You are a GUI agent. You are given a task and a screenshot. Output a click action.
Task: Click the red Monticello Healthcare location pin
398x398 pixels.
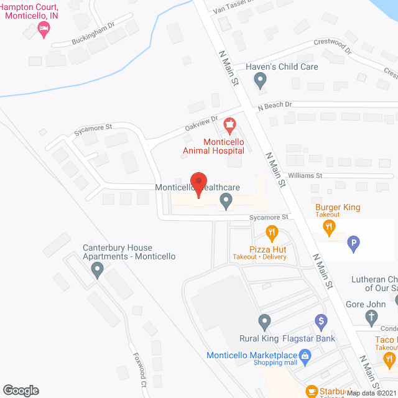[x=198, y=183]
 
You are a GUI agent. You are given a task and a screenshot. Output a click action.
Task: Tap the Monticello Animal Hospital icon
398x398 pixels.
[x=230, y=126]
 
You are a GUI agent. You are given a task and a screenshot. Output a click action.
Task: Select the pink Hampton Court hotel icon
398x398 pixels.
[x=44, y=29]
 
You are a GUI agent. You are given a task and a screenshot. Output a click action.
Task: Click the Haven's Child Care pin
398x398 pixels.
[x=261, y=80]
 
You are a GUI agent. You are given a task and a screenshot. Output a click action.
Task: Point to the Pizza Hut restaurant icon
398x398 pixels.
[x=272, y=233]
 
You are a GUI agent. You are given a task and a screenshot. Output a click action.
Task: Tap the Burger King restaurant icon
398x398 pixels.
[x=328, y=227]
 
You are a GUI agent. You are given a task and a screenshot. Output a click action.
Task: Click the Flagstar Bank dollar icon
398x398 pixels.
[x=321, y=322]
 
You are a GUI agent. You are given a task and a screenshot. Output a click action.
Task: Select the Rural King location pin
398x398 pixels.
[x=264, y=322]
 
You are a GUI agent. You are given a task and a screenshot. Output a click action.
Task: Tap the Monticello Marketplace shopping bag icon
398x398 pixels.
[x=305, y=355]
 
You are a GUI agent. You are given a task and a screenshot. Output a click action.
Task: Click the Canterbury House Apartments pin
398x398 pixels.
[x=97, y=270]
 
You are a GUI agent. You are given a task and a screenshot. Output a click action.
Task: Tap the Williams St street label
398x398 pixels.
[x=304, y=176]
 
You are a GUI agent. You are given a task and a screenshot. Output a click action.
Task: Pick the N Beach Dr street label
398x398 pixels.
[x=274, y=105]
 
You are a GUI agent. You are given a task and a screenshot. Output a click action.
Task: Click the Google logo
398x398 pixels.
[x=20, y=390]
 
